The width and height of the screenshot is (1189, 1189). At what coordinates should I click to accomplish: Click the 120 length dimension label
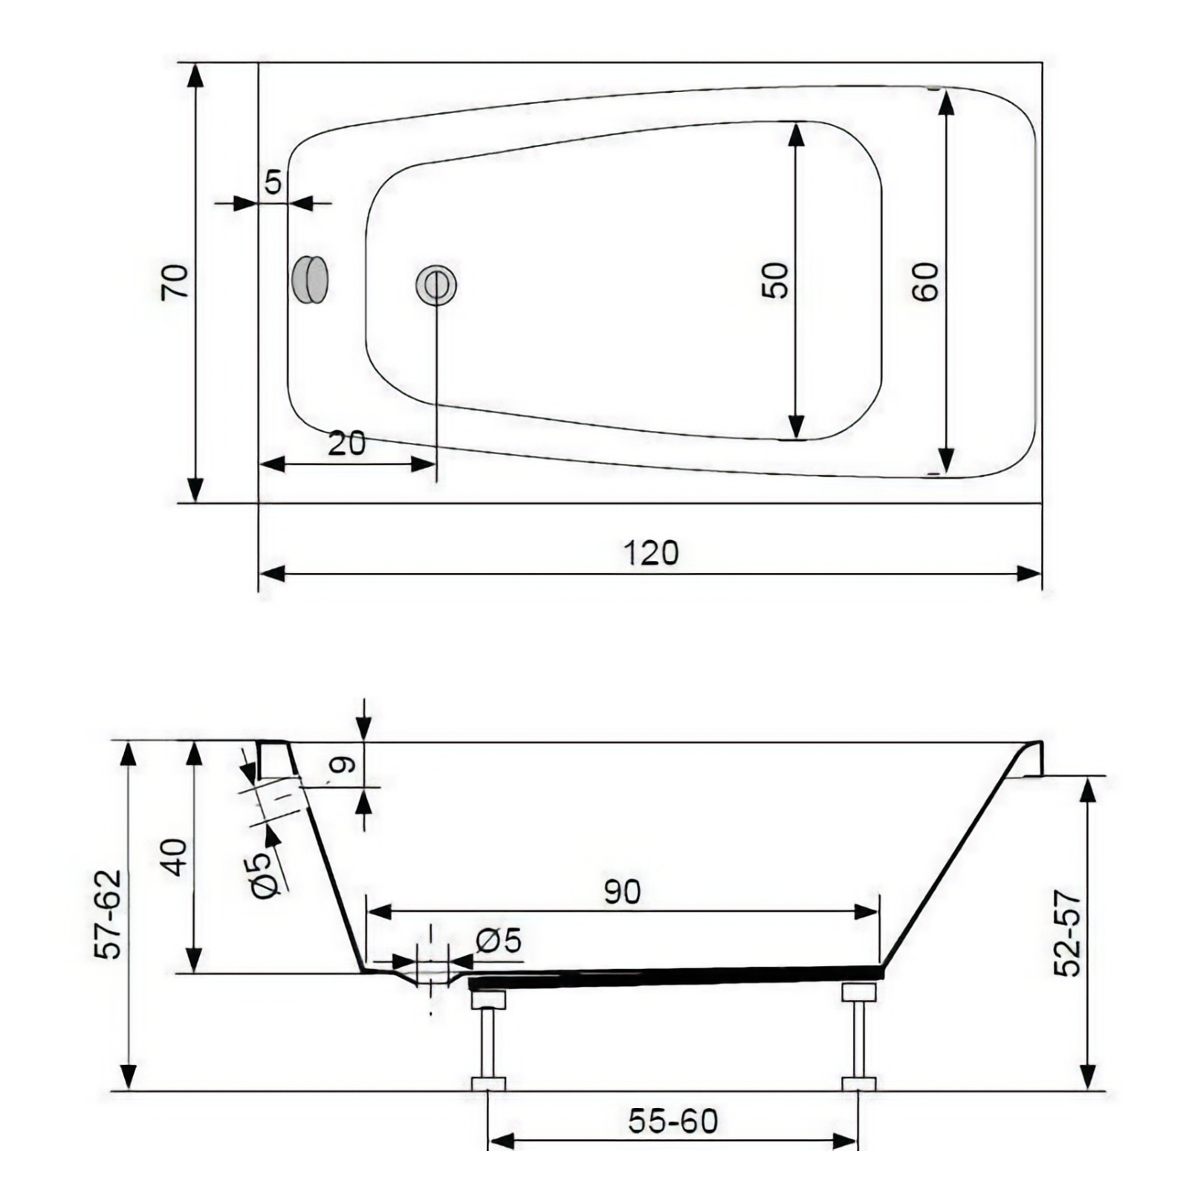(651, 553)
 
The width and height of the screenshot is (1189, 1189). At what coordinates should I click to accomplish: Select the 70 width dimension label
(176, 281)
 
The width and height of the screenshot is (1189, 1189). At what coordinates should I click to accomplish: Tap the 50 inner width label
(776, 280)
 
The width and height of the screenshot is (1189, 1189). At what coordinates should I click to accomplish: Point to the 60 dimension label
(926, 282)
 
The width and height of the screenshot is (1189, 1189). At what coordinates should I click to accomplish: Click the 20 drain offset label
(347, 444)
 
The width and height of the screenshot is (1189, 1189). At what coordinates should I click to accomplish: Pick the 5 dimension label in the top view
(273, 181)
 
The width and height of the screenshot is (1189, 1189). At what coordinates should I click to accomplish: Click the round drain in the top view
(435, 284)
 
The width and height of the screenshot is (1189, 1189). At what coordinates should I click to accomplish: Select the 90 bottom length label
(622, 892)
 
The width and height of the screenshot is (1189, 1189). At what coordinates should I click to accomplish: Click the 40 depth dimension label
(175, 857)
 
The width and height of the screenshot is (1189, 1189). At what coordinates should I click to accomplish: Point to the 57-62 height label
(109, 914)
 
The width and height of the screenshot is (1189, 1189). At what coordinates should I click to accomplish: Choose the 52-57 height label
(1068, 933)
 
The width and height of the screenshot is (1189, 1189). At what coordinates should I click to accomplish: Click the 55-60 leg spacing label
(673, 1121)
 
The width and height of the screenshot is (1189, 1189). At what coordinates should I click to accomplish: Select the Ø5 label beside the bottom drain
(499, 941)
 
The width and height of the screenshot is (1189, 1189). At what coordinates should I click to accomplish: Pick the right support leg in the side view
(859, 1037)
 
